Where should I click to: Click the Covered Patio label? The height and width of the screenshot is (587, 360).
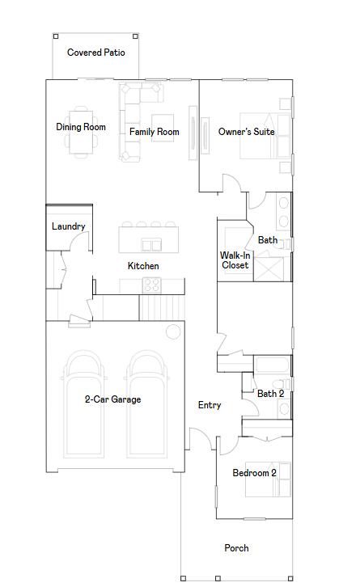click(x=96, y=53)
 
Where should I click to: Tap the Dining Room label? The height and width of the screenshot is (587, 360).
click(x=81, y=127)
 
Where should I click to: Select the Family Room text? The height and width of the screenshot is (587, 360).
click(x=154, y=132)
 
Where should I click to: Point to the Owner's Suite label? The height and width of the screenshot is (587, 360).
click(x=246, y=132)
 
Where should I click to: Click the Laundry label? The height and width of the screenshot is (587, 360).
click(x=68, y=226)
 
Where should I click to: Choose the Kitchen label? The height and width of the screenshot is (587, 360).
click(x=143, y=266)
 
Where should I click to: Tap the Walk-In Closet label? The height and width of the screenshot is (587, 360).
click(x=235, y=260)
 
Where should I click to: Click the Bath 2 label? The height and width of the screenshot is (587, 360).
click(x=270, y=394)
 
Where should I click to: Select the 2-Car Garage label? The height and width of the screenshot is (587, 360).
click(x=112, y=399)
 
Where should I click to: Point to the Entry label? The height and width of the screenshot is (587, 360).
click(x=210, y=405)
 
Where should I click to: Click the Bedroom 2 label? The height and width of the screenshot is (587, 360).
click(x=254, y=473)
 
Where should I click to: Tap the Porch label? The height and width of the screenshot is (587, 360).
click(x=236, y=548)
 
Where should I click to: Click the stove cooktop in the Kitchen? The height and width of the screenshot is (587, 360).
click(x=151, y=285)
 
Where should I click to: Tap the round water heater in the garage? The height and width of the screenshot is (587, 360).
click(x=172, y=332)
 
